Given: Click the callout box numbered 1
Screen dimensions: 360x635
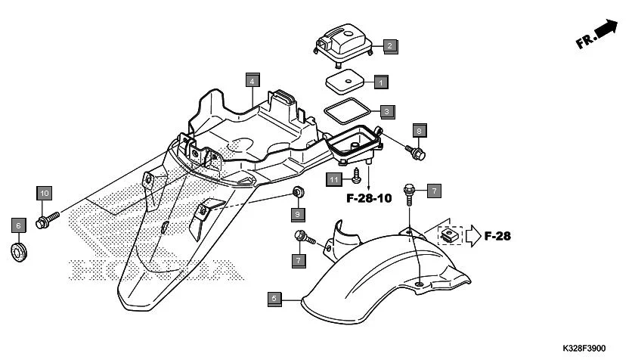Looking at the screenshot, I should pyautogui.click(x=381, y=81).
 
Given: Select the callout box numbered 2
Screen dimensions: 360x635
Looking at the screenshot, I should pyautogui.click(x=389, y=46).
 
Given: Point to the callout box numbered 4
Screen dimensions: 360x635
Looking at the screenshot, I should pyautogui.click(x=252, y=79).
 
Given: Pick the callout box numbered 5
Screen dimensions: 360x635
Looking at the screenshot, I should pyautogui.click(x=274, y=298).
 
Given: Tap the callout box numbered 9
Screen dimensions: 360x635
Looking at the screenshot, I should pyautogui.click(x=298, y=215).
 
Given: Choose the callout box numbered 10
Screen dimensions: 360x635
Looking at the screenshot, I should pyautogui.click(x=44, y=193).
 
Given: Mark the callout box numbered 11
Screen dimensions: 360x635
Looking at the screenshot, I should pyautogui.click(x=334, y=178).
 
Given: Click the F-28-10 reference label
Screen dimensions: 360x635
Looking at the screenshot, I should pyautogui.click(x=369, y=199).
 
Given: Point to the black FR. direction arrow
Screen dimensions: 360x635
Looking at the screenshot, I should pyautogui.click(x=604, y=30).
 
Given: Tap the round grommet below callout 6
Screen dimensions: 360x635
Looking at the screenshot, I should pyautogui.click(x=19, y=250).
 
